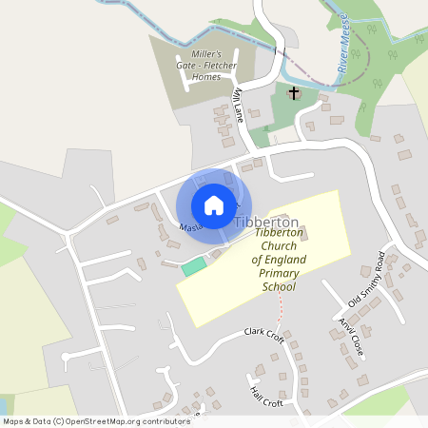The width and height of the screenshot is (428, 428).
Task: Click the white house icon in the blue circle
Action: tap(214, 205)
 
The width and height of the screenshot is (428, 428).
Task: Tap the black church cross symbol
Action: tap(294, 93)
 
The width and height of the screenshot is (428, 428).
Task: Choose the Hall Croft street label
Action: tap(266, 391)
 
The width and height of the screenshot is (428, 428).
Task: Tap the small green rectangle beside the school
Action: tap(194, 266)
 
